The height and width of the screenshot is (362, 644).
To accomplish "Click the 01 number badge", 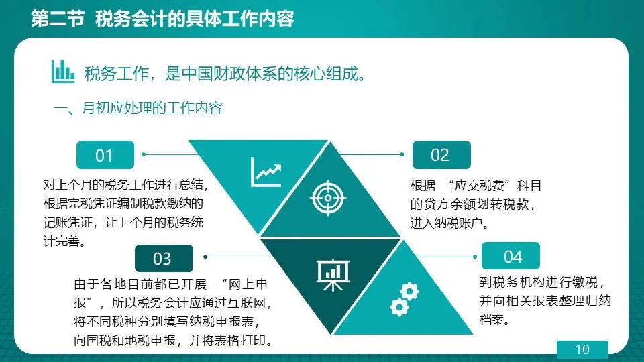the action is [105, 155].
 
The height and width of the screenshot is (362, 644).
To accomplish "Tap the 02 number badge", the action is [441, 155].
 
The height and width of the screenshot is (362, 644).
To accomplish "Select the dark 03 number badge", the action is [164, 258].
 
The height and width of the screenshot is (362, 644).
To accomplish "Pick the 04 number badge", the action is [511, 256].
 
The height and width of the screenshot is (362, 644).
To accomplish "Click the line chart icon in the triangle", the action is [266, 172].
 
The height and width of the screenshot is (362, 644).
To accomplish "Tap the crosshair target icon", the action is [328, 198].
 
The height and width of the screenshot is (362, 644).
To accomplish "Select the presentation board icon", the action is [333, 275].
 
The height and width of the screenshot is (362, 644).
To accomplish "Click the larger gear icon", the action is [409, 292].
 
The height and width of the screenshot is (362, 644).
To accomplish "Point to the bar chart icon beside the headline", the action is [63, 72].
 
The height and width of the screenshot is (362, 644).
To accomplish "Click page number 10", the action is [582, 349].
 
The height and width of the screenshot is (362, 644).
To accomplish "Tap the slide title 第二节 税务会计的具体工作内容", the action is [162, 19].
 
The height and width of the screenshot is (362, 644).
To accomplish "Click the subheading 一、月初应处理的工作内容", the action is [138, 108].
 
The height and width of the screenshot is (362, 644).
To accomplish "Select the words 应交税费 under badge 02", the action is [479, 186].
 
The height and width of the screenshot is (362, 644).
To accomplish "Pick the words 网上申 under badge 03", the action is [248, 284].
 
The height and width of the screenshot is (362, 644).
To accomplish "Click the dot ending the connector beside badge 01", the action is [144, 154].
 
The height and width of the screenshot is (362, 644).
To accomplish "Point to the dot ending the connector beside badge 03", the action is [205, 257].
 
